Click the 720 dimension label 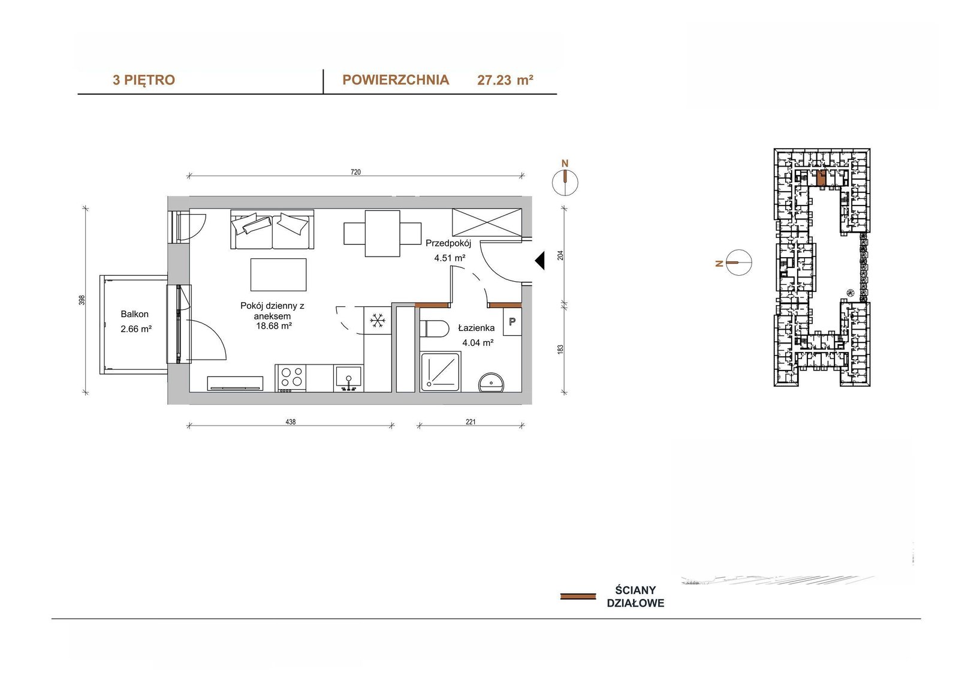[355, 172]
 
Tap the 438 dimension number [290, 422]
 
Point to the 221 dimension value [470, 422]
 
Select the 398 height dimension [82, 300]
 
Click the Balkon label [134, 314]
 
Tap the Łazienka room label [476, 328]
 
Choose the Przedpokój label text [448, 244]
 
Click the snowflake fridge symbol [378, 320]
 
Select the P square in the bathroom [512, 321]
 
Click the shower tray [441, 372]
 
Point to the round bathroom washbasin [491, 382]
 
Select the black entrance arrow [539, 260]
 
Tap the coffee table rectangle [278, 275]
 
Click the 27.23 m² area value [505, 80]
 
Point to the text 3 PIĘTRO [144, 80]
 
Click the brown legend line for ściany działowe [578, 596]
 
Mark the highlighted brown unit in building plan [821, 178]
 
